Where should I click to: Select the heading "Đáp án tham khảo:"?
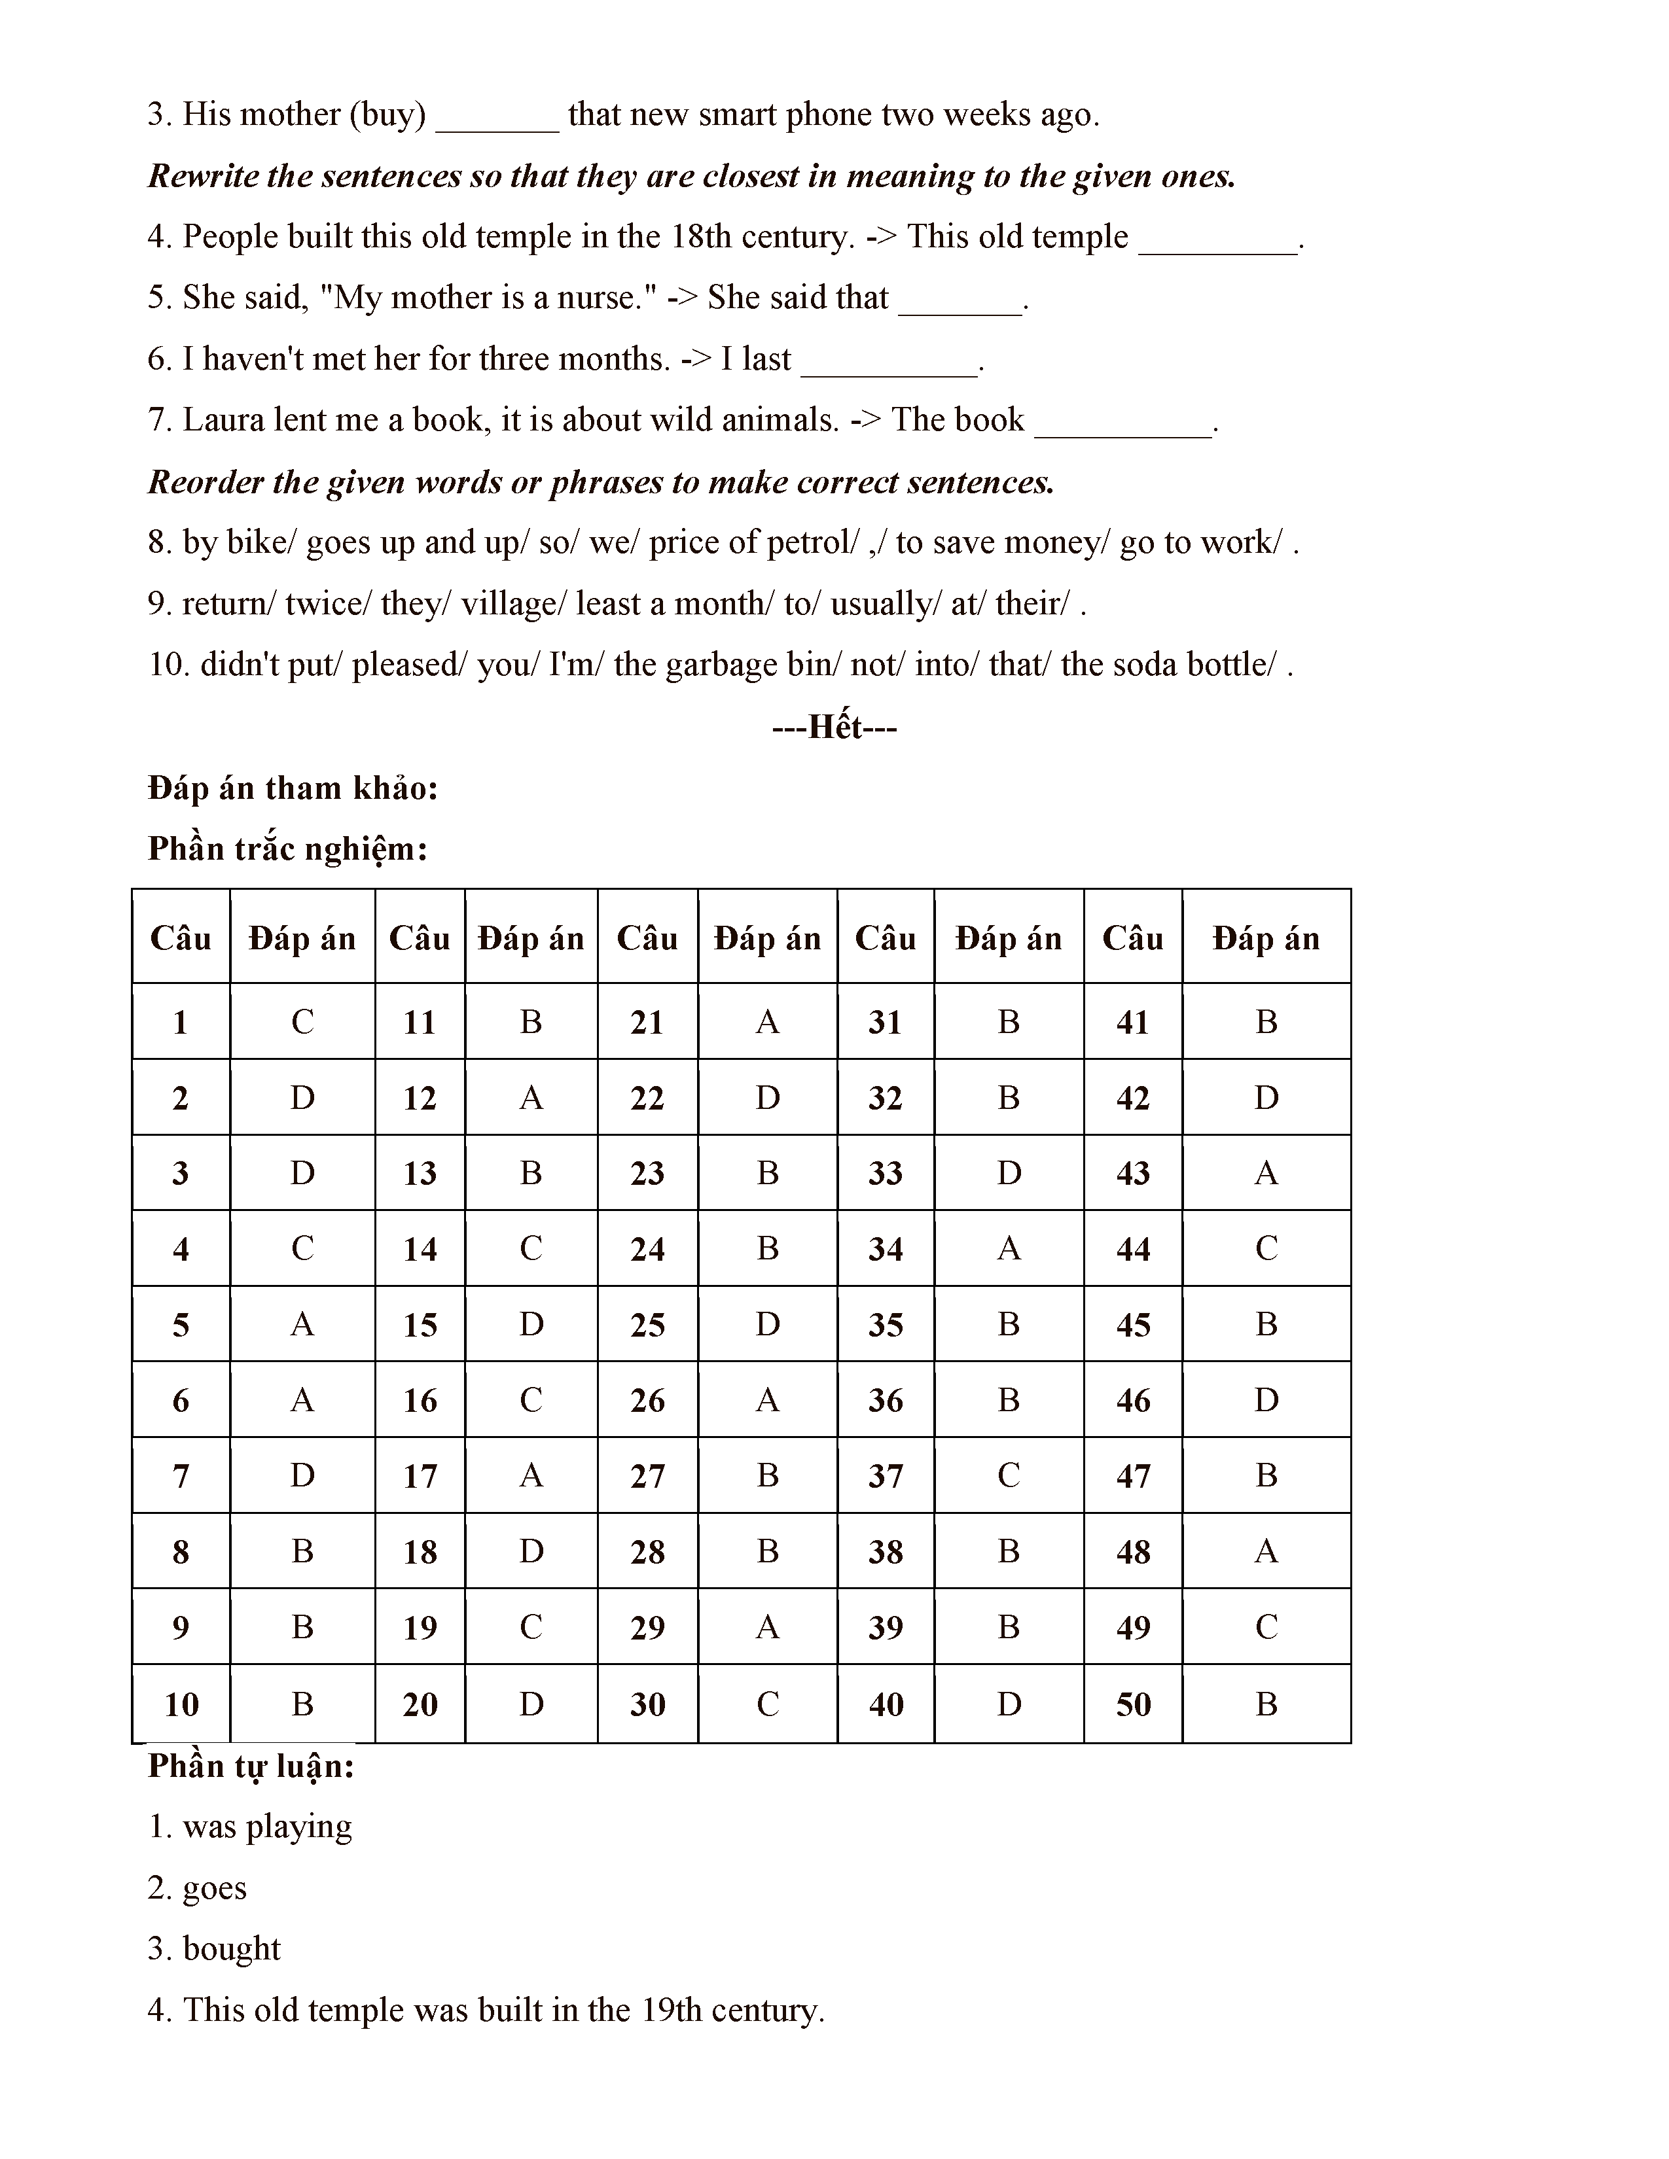[x=293, y=788]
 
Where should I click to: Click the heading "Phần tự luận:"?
[x=251, y=1766]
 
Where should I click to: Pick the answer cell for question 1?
[x=302, y=1022]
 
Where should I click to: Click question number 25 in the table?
[x=647, y=1325]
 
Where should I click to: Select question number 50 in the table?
[x=1133, y=1704]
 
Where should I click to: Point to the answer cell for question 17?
[x=531, y=1476]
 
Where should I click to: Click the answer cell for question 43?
[x=1266, y=1174]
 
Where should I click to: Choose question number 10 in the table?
[x=181, y=1704]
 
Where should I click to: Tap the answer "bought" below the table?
[x=231, y=1948]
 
